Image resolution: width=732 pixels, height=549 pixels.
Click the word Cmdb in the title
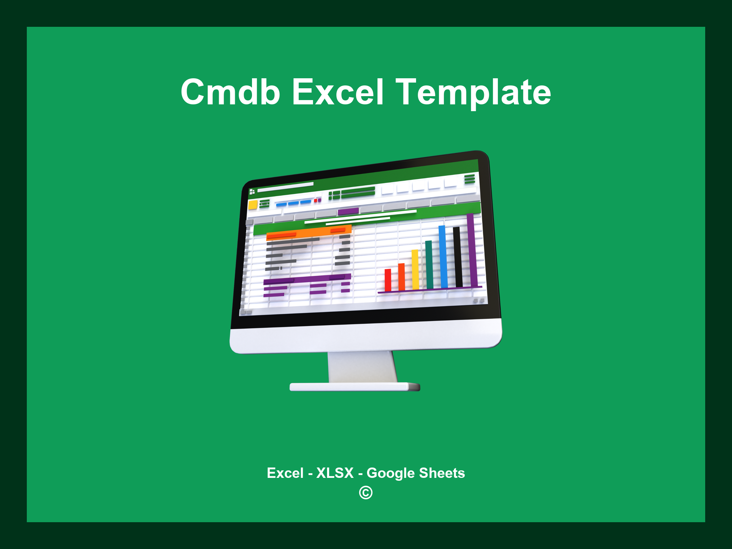230,92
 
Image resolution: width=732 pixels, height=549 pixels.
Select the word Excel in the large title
337,92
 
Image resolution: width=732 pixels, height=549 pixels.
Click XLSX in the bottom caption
335,473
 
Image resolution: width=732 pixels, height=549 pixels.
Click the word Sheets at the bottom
442,473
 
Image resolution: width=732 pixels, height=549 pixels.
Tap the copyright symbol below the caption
366,493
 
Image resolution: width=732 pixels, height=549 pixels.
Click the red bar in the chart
388,280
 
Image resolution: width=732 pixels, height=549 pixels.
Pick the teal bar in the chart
429,264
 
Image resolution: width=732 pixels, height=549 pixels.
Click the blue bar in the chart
443,256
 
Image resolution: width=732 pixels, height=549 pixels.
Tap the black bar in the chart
457,256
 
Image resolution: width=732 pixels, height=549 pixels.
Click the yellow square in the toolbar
253,205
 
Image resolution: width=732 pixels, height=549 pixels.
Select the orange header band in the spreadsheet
309,232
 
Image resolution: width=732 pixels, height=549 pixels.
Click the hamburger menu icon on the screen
469,179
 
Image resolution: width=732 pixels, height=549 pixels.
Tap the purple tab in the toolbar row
348,211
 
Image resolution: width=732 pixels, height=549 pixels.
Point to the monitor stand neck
362,366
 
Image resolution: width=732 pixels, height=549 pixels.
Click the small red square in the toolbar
316,201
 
